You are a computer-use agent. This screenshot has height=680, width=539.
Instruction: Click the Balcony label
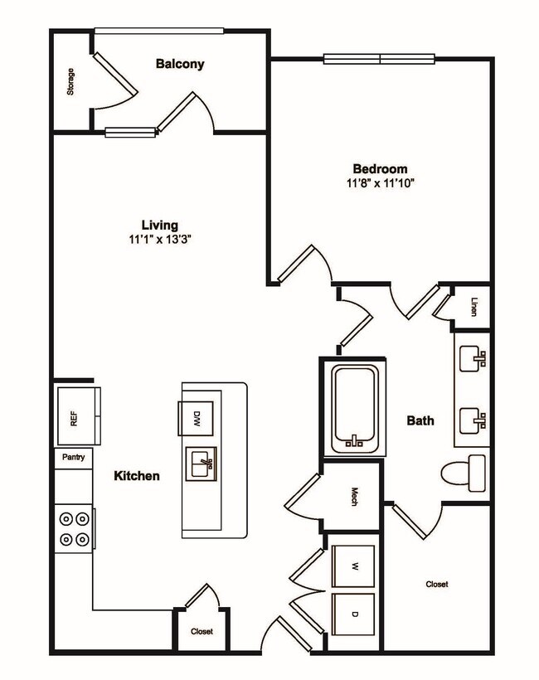coord(179,64)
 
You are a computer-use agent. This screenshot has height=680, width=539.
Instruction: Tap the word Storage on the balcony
coord(70,81)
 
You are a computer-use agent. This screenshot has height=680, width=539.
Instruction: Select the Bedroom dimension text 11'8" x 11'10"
coord(380,182)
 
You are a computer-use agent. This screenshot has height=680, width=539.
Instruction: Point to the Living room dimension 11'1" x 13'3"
coord(160,240)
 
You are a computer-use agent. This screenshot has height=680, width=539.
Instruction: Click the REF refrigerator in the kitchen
coord(75,418)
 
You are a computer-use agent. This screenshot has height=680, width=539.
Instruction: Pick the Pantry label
coord(74,457)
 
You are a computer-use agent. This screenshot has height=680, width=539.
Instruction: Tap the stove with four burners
coord(74,529)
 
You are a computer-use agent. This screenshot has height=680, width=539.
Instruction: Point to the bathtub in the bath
coord(355,406)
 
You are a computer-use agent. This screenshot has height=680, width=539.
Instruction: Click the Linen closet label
coord(473,306)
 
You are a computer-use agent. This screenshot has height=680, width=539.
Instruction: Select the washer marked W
coord(353,566)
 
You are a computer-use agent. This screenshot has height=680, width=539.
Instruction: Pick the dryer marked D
coord(353,614)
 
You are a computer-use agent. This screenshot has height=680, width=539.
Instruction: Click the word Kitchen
coord(137,476)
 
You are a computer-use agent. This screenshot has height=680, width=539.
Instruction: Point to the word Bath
coord(420,420)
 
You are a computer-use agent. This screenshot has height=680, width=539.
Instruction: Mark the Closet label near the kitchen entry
coord(202,632)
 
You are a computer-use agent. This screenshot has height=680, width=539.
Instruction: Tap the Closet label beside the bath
coord(437,585)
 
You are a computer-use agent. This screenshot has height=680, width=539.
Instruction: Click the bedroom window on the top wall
coord(380,59)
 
